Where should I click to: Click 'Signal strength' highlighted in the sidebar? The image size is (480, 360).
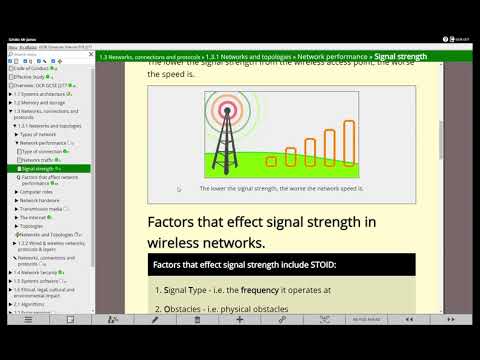pyautogui.click(x=39, y=169)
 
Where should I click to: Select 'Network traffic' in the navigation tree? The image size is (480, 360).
pyautogui.click(x=39, y=160)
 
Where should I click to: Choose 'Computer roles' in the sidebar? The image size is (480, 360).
pyautogui.click(x=38, y=191)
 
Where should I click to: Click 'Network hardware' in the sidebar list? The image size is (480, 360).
pyautogui.click(x=40, y=200)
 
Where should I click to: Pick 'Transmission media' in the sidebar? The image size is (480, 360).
pyautogui.click(x=42, y=209)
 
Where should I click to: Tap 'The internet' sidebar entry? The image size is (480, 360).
pyautogui.click(x=35, y=217)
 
